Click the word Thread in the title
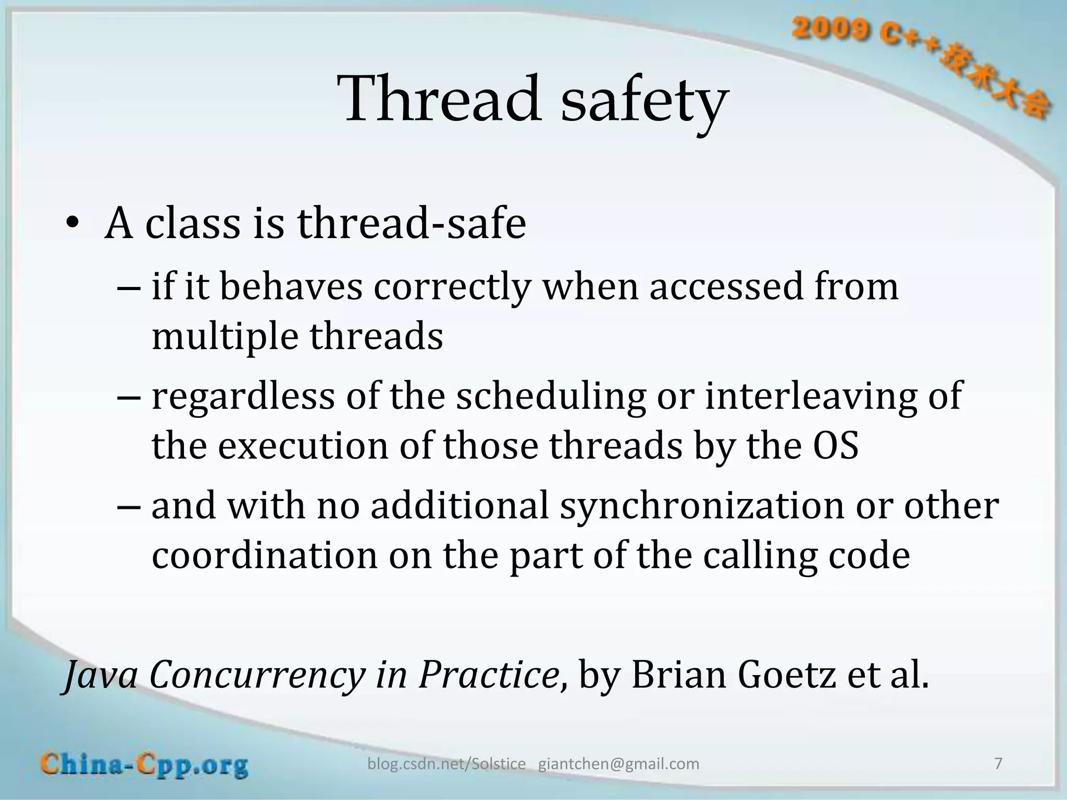coord(440,99)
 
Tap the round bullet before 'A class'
coord(72,224)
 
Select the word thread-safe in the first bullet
coord(412,224)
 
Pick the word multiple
coord(225,337)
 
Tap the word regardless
coord(243,397)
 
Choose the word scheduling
coord(551,397)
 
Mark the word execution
coord(303,446)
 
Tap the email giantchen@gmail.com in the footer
coord(618,764)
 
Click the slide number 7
coord(998,764)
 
